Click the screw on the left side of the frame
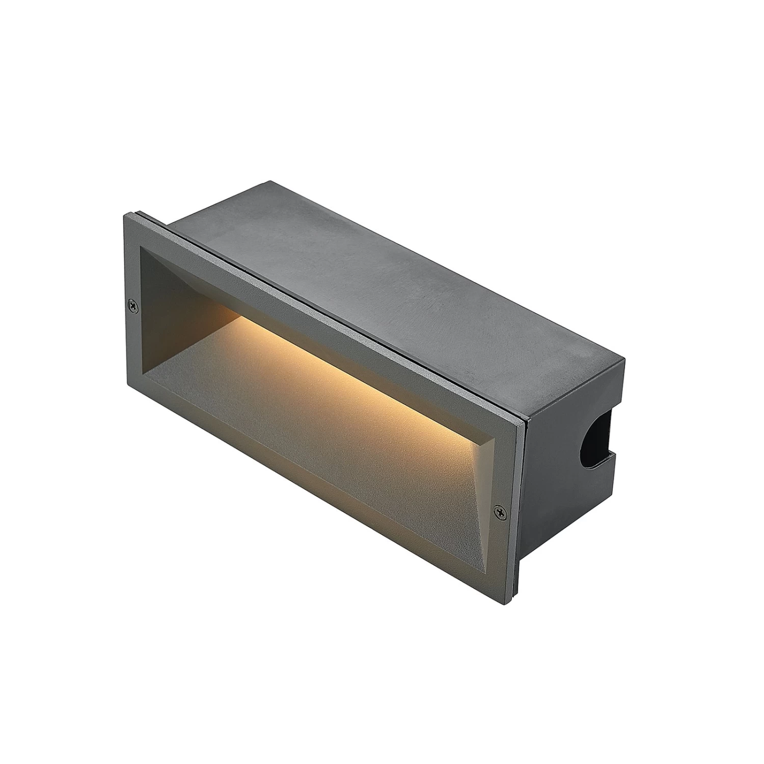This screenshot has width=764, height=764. pos(133,305)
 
